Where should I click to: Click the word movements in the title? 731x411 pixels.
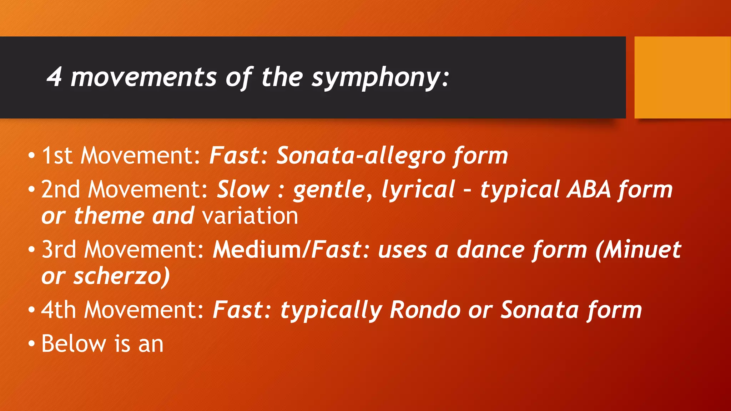(143, 77)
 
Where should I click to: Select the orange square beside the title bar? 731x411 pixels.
(682, 77)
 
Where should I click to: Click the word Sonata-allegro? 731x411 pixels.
(361, 156)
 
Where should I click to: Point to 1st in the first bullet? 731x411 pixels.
(57, 156)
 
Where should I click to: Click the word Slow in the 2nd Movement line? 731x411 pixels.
(243, 189)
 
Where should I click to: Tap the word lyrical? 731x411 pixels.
(418, 189)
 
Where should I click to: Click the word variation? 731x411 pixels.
(250, 216)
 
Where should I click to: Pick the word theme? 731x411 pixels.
(109, 216)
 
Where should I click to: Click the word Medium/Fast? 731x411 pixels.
(287, 249)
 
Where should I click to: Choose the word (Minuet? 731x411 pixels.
(638, 249)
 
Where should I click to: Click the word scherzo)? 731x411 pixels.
(121, 276)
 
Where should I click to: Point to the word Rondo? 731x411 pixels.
(425, 310)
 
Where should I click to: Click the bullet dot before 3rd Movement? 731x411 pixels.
(32, 250)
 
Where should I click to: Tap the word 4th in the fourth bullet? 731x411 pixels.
(59, 310)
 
